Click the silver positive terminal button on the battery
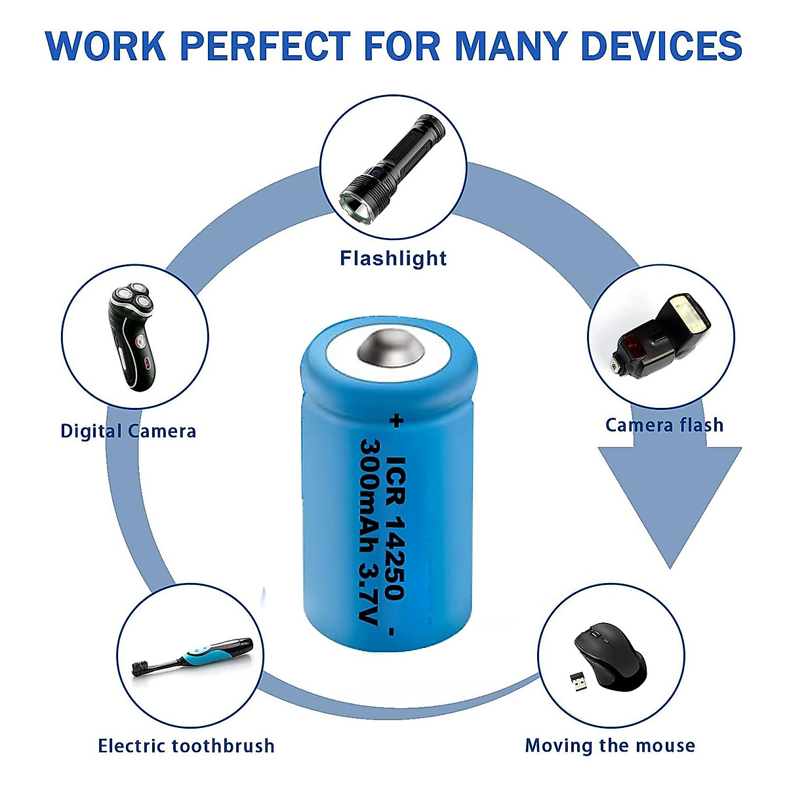click(x=389, y=349)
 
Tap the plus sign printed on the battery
click(x=395, y=421)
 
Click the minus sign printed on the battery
click(x=392, y=632)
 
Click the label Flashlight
click(x=393, y=258)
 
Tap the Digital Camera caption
click(x=128, y=431)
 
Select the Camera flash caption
click(x=664, y=425)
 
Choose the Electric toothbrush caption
click(x=186, y=746)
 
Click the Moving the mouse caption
click(x=610, y=746)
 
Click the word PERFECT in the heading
click(x=266, y=46)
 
